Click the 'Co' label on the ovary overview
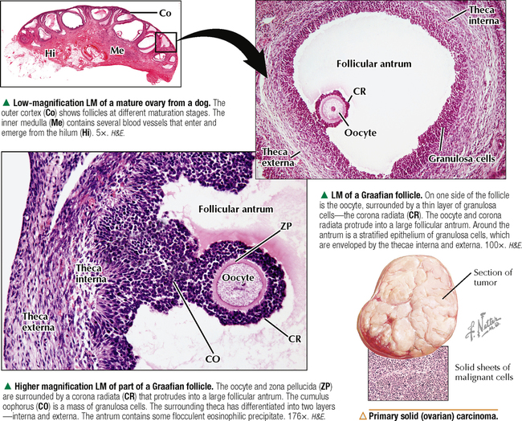pyautogui.click(x=165, y=13)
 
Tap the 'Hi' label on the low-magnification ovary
pyautogui.click(x=51, y=53)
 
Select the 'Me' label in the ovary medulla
pyautogui.click(x=117, y=51)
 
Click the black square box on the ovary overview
pyautogui.click(x=165, y=42)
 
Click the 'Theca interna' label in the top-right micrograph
pyautogui.click(x=483, y=15)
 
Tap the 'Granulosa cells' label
pyautogui.click(x=462, y=158)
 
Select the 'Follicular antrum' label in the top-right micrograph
pyautogui.click(x=373, y=63)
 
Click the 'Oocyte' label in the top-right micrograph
pyautogui.click(x=361, y=133)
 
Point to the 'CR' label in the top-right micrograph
pyautogui.click(x=359, y=91)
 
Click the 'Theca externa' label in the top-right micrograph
pyautogui.click(x=278, y=157)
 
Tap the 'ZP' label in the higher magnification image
pyautogui.click(x=286, y=226)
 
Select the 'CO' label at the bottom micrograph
pyautogui.click(x=213, y=358)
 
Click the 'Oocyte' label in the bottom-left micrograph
pyautogui.click(x=238, y=278)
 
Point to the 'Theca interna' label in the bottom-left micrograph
pyautogui.click(x=91, y=273)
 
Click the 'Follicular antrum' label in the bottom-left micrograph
pyautogui.click(x=235, y=209)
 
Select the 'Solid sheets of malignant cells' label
pyautogui.click(x=483, y=372)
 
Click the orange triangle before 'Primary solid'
pyautogui.click(x=362, y=416)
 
